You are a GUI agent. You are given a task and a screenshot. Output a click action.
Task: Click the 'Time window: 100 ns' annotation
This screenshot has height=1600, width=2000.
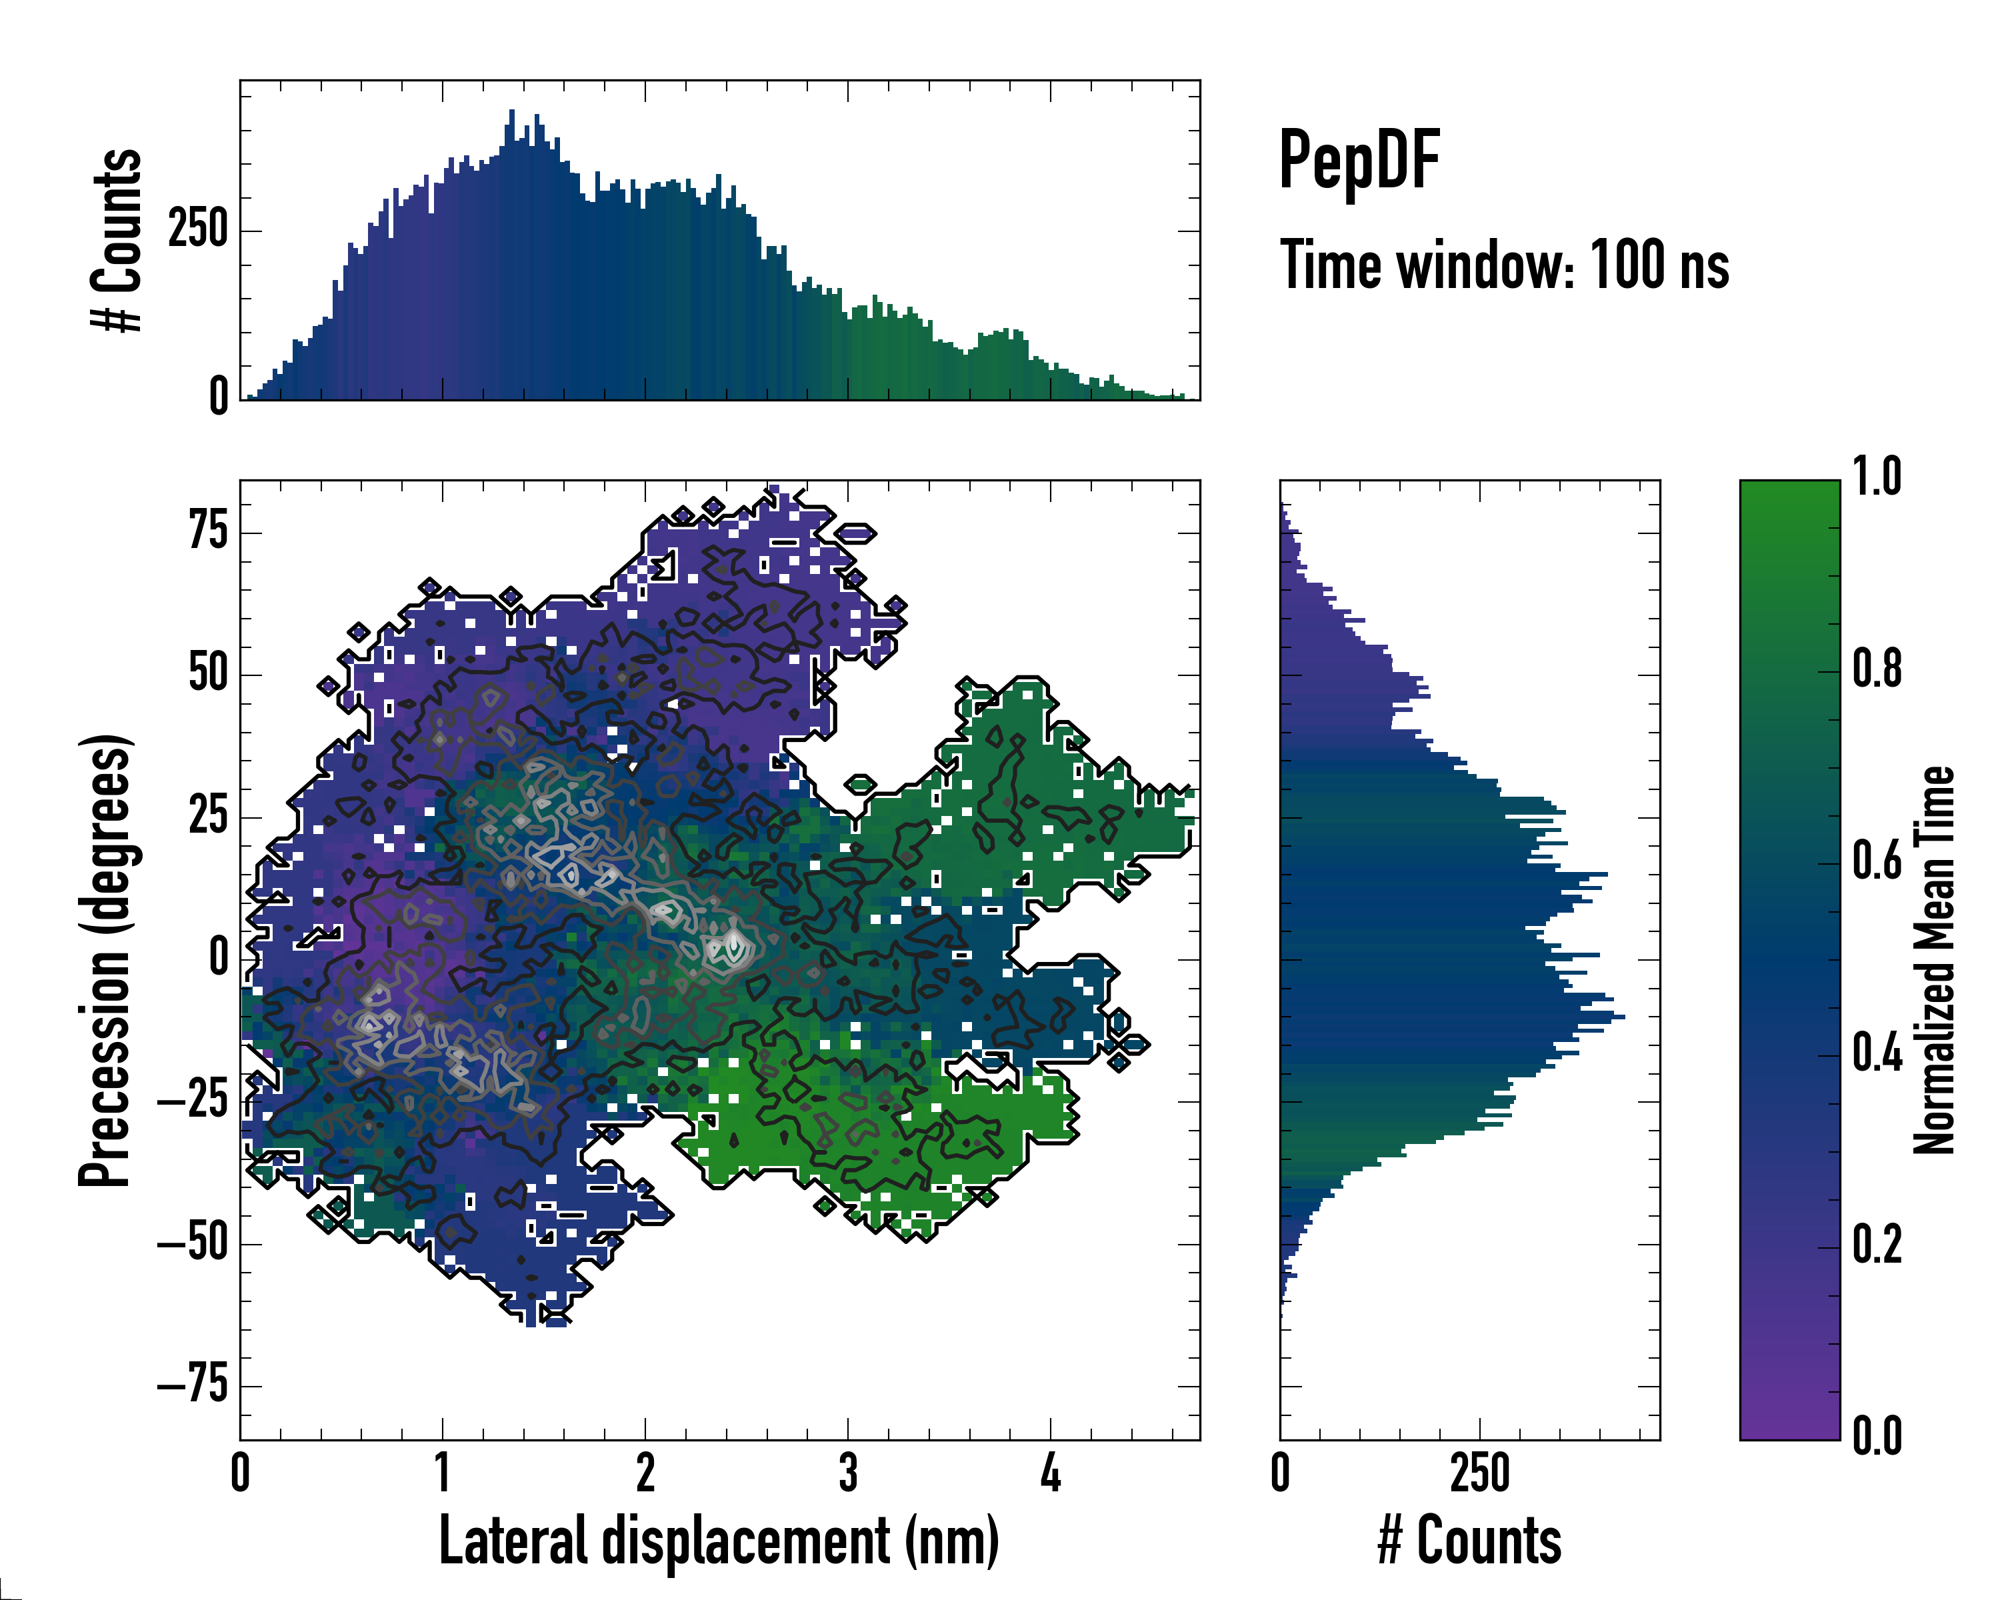[1504, 265]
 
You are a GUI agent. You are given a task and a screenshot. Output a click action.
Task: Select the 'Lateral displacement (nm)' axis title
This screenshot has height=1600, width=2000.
[719, 1541]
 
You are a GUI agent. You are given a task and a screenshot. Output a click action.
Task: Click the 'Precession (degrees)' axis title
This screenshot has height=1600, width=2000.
[105, 959]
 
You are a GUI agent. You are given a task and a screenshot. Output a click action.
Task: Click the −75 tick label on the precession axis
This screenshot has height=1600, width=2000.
[193, 1386]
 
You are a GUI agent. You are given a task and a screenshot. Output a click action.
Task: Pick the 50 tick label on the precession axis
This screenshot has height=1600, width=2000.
[208, 674]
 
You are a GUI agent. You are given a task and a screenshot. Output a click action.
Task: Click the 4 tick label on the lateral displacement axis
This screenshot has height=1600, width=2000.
[1050, 1473]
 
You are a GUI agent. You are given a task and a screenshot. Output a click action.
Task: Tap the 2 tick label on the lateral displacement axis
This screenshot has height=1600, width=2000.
[645, 1473]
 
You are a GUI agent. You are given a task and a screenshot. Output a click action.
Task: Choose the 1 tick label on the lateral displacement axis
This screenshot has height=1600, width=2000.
[443, 1473]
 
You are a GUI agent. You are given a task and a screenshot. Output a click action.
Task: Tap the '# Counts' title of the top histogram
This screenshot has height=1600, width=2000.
[117, 239]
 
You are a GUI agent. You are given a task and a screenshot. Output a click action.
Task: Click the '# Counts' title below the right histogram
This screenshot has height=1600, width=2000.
[1469, 1541]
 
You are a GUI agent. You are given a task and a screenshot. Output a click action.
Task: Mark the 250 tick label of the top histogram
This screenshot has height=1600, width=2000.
[197, 230]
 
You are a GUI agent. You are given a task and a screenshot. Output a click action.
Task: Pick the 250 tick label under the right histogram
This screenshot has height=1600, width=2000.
[1479, 1473]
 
